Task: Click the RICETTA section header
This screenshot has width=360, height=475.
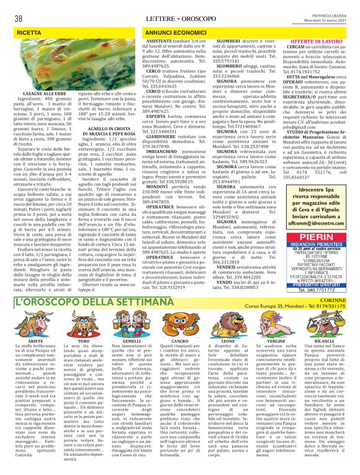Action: (29, 30)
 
